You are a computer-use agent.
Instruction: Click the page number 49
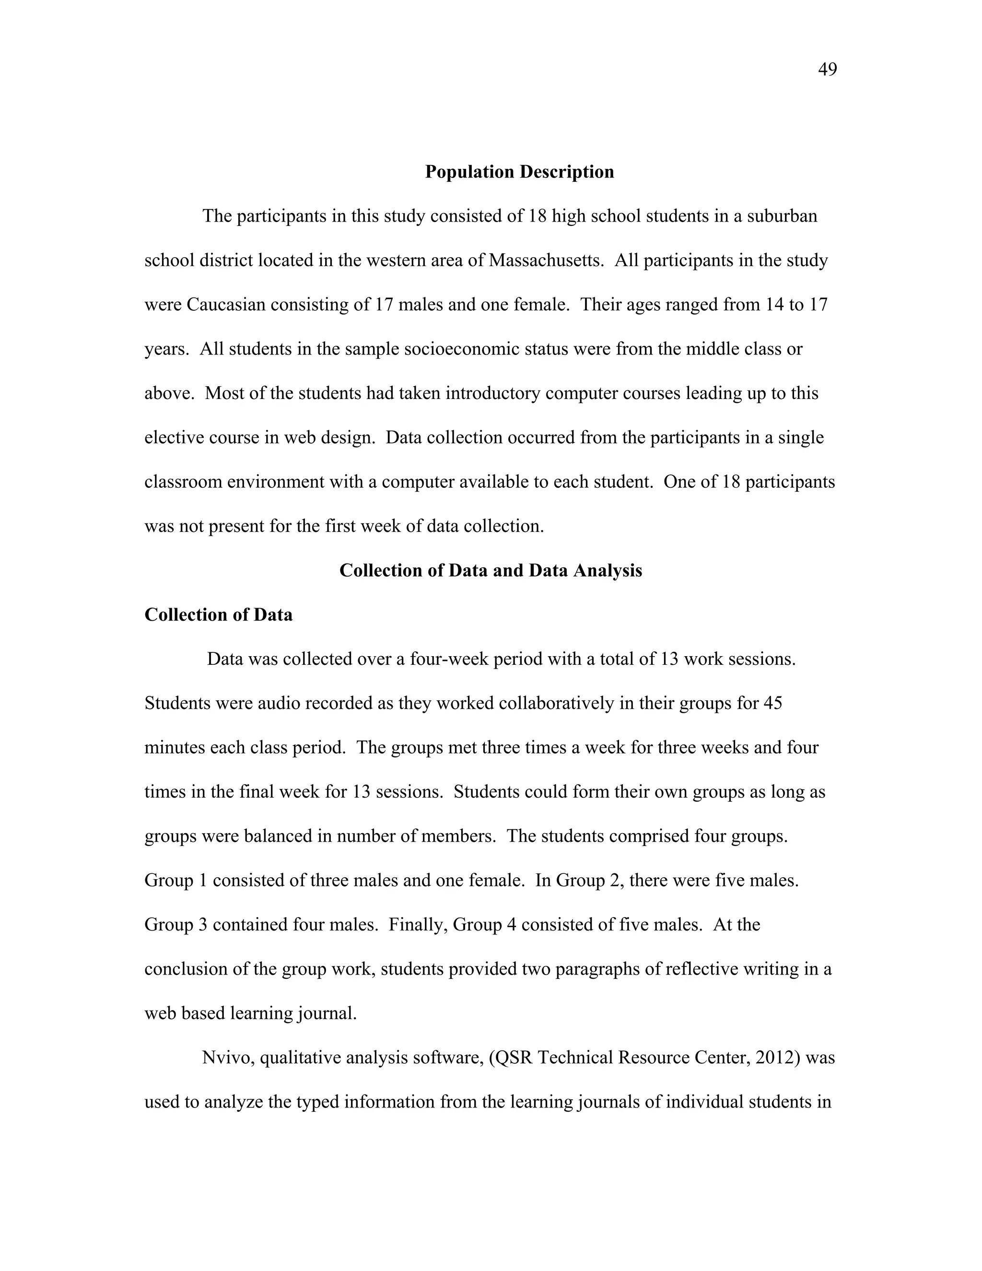[x=827, y=70]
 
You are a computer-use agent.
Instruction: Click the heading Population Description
[x=519, y=172]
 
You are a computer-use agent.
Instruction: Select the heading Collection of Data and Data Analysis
[x=491, y=570]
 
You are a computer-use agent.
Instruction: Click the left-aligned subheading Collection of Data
[x=218, y=614]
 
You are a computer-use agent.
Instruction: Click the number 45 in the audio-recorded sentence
[x=772, y=703]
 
